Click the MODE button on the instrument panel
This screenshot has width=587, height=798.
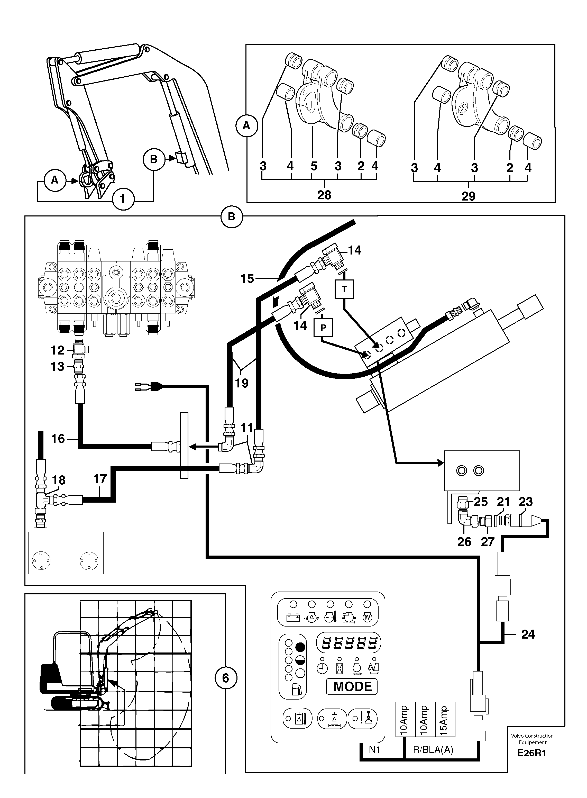click(x=352, y=687)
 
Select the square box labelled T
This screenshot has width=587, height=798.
click(x=344, y=289)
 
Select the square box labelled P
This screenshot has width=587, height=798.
click(x=323, y=327)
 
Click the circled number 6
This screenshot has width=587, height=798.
click(x=226, y=678)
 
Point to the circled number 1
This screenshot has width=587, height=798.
click(x=123, y=199)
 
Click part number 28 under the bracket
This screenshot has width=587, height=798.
click(x=324, y=195)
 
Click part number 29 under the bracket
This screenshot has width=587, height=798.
click(x=468, y=196)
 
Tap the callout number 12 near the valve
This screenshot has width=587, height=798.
click(x=57, y=350)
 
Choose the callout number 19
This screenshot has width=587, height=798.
click(x=242, y=383)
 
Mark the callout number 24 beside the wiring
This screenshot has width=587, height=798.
click(x=528, y=634)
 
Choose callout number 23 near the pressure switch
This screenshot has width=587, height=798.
click(x=525, y=502)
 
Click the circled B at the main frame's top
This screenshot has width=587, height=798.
click(x=231, y=216)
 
